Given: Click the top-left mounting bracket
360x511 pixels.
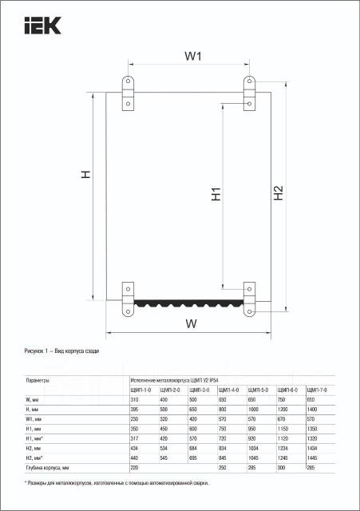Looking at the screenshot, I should pos(128,93).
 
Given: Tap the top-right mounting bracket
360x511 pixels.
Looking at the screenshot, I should pos(249,93).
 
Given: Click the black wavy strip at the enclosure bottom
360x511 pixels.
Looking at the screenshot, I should pos(188,303).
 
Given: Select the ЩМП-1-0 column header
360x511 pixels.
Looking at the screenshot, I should pos(140,390).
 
